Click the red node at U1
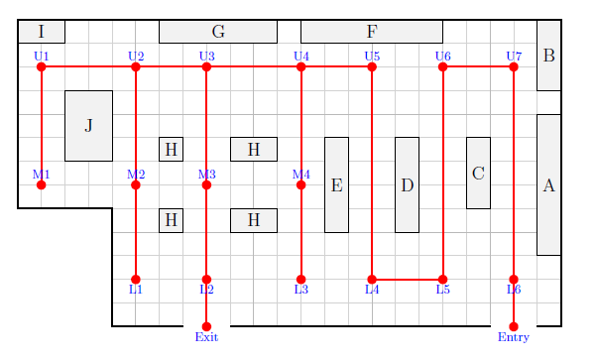pyautogui.click(x=41, y=66)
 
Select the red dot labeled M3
pyautogui.click(x=206, y=185)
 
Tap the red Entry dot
pyautogui.click(x=514, y=326)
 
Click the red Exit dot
pyautogui.click(x=206, y=326)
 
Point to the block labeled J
pyautogui.click(x=88, y=126)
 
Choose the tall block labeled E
pyautogui.click(x=336, y=184)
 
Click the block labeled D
pyautogui.click(x=408, y=184)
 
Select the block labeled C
pyautogui.click(x=478, y=173)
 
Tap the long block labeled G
pyautogui.click(x=218, y=32)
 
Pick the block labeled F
pyautogui.click(x=372, y=32)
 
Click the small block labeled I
pyautogui.click(x=42, y=32)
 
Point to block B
pyautogui.click(x=548, y=56)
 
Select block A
pyautogui.click(x=548, y=184)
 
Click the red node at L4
pyautogui.click(x=372, y=280)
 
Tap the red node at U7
pyautogui.click(x=514, y=66)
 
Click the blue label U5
pyautogui.click(x=372, y=57)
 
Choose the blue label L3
pyautogui.click(x=301, y=290)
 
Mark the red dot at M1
pyautogui.click(x=41, y=185)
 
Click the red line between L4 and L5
pyautogui.click(x=408, y=280)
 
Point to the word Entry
pyautogui.click(x=514, y=337)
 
